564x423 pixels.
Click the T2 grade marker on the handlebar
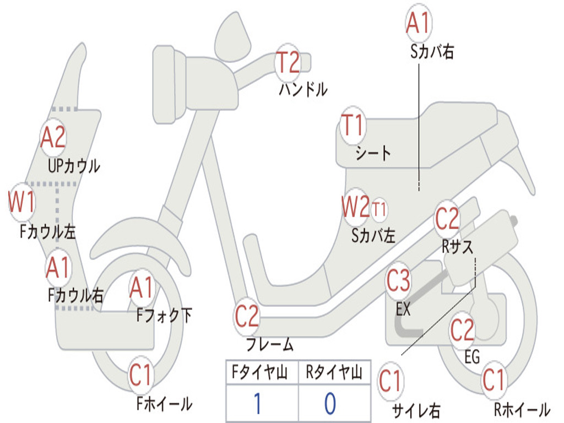tap(288, 62)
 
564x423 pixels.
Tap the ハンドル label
tap(303, 89)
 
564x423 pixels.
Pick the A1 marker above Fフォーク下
tap(143, 288)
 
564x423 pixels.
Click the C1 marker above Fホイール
tap(140, 376)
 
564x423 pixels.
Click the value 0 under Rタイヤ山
tap(330, 404)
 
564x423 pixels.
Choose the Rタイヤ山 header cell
tap(334, 373)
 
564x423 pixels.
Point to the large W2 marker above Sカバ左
tap(355, 208)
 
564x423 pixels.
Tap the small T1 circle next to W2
tap(379, 209)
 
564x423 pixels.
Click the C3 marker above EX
tap(398, 281)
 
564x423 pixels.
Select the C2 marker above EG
tap(462, 330)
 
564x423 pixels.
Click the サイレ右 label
tap(416, 410)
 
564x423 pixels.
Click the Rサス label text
tap(458, 247)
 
